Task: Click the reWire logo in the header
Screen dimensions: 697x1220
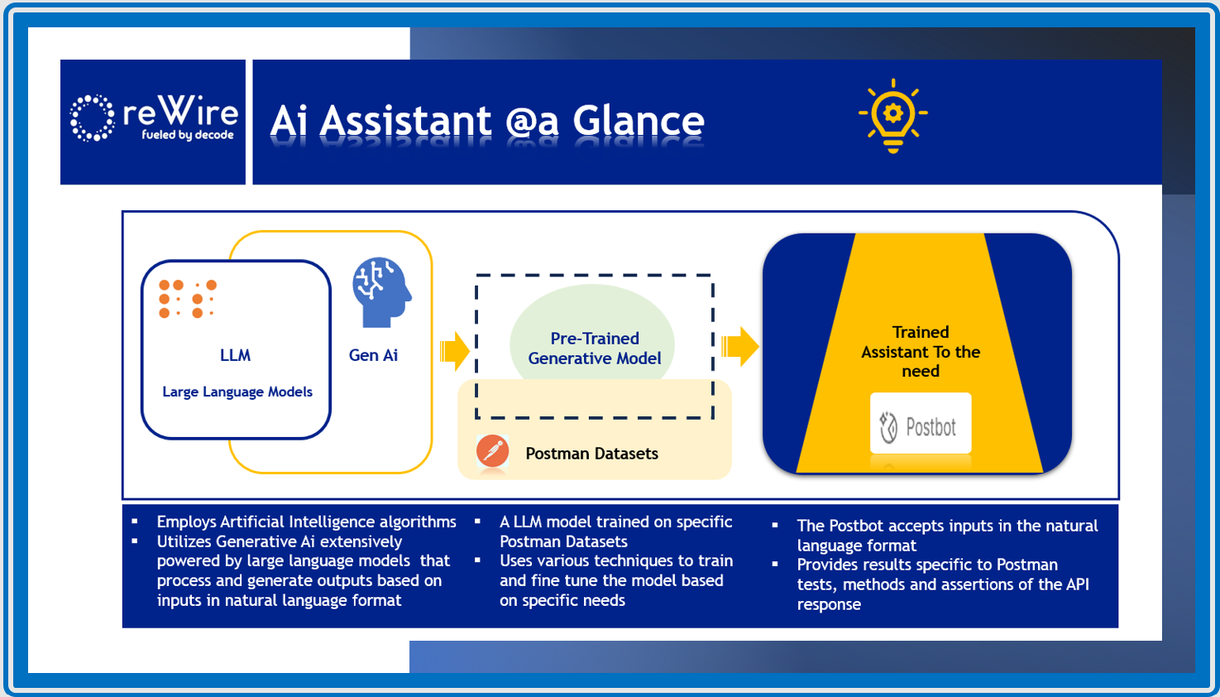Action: point(154,119)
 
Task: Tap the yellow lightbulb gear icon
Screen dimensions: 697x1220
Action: point(892,117)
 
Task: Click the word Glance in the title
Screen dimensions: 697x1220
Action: point(639,122)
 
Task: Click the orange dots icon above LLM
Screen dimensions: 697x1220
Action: point(188,299)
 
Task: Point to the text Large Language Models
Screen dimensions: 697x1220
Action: point(237,392)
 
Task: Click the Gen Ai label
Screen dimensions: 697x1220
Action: point(373,355)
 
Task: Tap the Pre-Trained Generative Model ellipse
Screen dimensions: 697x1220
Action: point(593,339)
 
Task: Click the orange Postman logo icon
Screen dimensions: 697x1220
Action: point(492,452)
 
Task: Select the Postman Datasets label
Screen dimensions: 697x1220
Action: point(591,454)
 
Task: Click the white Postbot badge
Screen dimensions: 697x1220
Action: point(920,424)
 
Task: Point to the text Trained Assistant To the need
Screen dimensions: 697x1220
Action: point(920,352)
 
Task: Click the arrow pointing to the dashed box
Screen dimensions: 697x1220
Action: point(454,350)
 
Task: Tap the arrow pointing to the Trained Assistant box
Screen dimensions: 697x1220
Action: point(739,346)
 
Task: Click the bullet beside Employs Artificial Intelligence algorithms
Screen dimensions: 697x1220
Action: point(135,522)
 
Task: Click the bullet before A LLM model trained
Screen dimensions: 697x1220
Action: point(477,522)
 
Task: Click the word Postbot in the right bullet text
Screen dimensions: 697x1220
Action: point(856,526)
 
